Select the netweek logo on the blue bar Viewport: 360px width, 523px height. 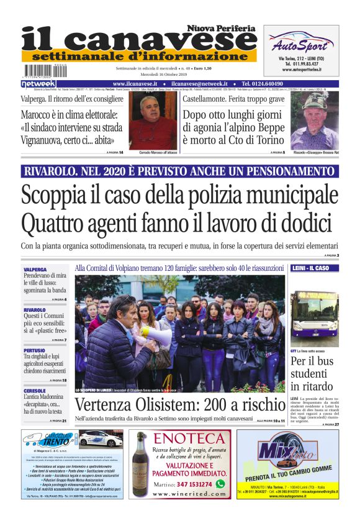38,84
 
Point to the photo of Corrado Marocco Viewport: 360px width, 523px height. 153,121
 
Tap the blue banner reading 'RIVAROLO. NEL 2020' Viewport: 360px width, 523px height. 179,171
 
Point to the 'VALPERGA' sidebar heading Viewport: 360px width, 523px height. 35,270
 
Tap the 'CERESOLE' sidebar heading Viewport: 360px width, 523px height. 35,391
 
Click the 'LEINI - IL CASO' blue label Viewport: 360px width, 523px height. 310,268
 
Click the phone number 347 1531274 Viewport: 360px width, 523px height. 192,484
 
